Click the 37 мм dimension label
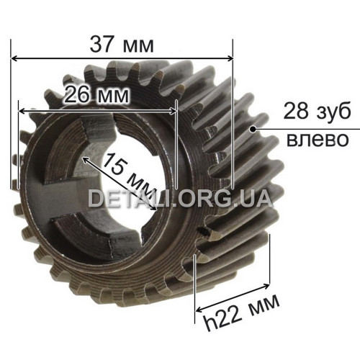122,45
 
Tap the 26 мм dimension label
96,95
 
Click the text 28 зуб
317,111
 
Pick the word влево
318,139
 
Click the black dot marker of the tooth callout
253,129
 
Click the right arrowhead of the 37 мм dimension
230,58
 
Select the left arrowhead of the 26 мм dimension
22,112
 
